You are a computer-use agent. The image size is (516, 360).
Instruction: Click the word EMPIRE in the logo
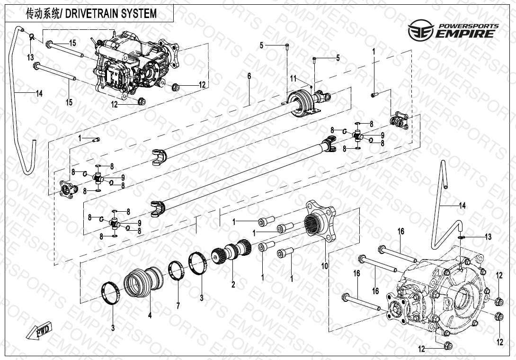[x=466, y=34]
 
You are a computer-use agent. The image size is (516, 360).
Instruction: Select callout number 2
[x=233, y=285]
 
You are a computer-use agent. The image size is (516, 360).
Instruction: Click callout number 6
[x=249, y=76]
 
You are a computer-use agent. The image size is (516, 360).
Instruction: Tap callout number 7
[x=178, y=306]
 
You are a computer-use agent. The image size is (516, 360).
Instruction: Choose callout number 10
[x=325, y=266]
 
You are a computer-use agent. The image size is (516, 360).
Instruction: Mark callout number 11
[x=293, y=78]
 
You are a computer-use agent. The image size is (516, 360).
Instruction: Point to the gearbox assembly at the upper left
[x=135, y=64]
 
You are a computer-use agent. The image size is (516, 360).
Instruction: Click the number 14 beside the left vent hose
[x=39, y=93]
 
